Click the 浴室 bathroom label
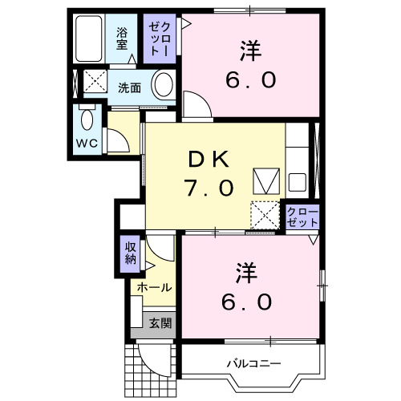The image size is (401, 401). pyautogui.click(x=122, y=39)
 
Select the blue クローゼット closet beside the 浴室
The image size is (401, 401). pyautogui.click(x=156, y=39)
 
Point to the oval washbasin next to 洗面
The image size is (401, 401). pyautogui.click(x=164, y=84)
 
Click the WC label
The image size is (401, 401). pyautogui.click(x=87, y=144)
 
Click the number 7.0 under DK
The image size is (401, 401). pyautogui.click(x=210, y=188)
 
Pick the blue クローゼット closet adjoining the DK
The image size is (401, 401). pyautogui.click(x=302, y=217)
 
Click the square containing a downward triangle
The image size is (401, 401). pyautogui.click(x=264, y=180)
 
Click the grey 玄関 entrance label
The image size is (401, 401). pyautogui.click(x=159, y=323)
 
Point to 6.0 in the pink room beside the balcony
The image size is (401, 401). pyautogui.click(x=249, y=302)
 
